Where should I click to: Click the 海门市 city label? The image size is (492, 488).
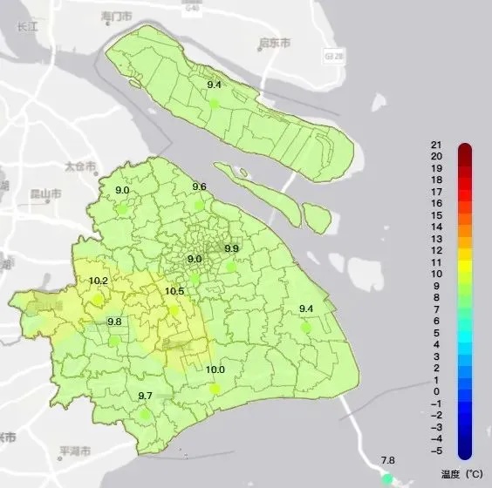point(117,17)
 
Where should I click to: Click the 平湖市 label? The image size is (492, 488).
point(74,452)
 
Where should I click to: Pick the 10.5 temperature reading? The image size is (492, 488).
point(174,292)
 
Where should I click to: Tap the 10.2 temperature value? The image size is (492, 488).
point(99,281)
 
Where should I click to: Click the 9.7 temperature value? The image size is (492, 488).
point(146,396)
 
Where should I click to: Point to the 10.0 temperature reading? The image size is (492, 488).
point(215,369)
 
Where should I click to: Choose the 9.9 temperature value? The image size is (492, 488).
point(231,249)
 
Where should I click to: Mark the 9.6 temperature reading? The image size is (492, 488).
point(199,187)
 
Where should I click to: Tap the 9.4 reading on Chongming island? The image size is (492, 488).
point(214,85)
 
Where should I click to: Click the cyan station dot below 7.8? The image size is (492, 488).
point(386,478)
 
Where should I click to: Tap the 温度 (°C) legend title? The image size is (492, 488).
point(461,473)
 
